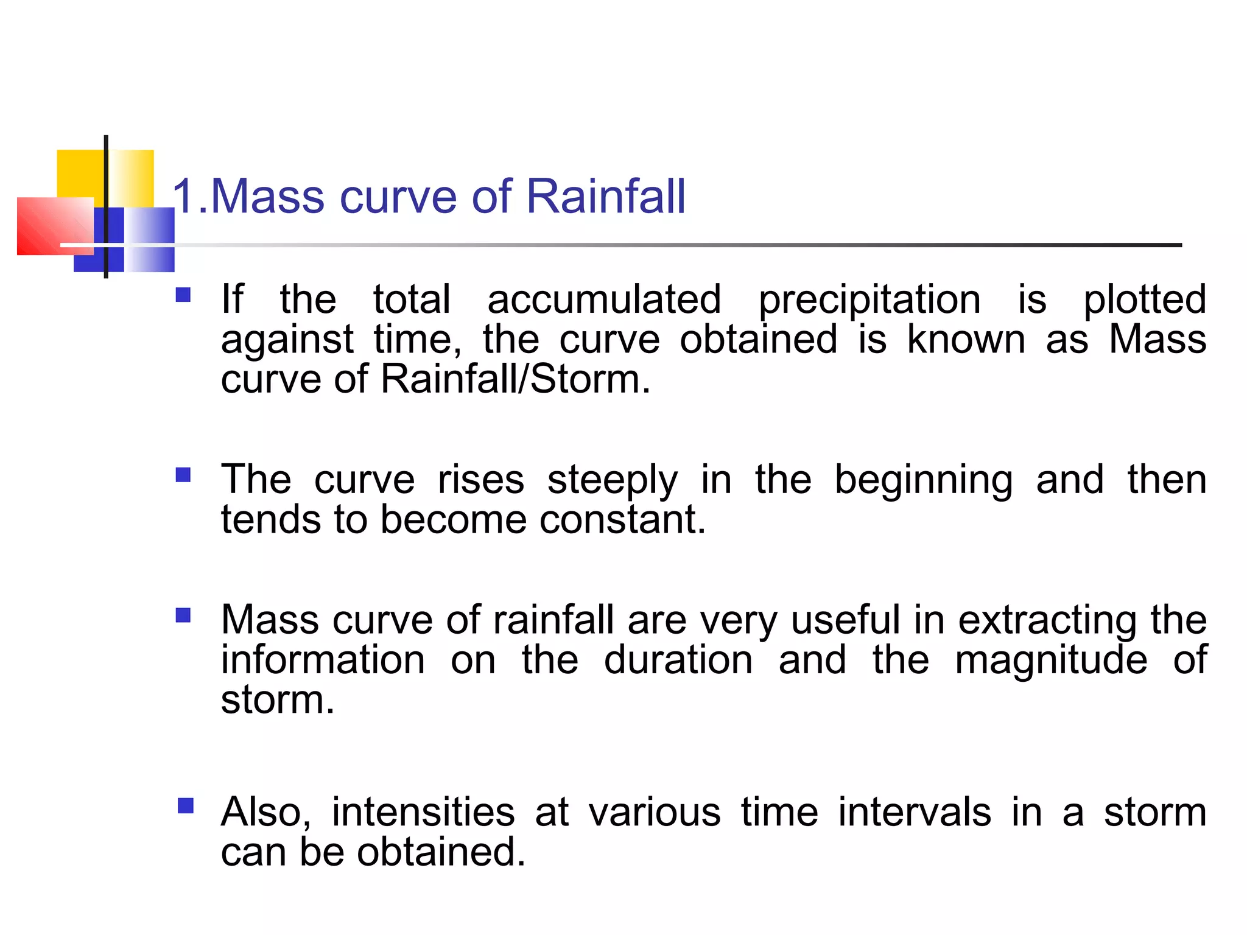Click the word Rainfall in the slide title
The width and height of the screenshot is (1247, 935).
(x=605, y=197)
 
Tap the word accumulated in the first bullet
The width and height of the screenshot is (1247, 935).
(x=604, y=299)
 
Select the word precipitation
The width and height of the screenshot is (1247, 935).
(x=869, y=301)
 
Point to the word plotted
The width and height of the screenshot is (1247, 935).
(x=1145, y=301)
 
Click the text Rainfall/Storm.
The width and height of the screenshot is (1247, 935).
(x=515, y=379)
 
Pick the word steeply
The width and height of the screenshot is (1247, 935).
(x=612, y=481)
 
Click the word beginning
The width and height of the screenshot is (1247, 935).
(x=923, y=481)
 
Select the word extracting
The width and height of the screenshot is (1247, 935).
(x=1047, y=621)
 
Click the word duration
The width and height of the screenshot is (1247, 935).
(x=678, y=660)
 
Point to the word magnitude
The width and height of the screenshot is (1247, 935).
(x=1051, y=661)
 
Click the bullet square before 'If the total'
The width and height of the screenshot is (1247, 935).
(x=183, y=295)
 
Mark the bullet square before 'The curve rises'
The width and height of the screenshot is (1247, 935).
(x=183, y=475)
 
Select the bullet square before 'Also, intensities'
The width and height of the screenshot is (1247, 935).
(x=186, y=807)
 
